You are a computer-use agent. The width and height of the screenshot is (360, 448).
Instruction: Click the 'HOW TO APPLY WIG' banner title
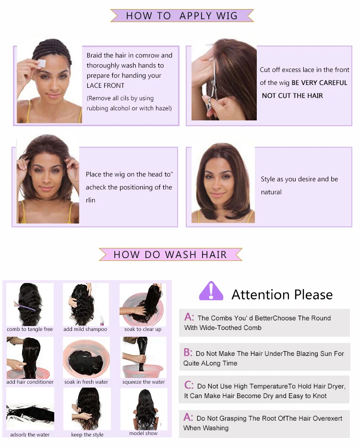click(182, 16)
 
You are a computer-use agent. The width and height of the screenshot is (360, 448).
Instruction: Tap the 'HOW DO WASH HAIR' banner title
click(170, 255)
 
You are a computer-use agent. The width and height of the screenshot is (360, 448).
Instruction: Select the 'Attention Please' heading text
click(282, 295)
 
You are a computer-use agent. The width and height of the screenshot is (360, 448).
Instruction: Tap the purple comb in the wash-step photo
click(25, 307)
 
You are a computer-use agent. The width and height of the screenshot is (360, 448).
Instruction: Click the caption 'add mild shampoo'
click(85, 329)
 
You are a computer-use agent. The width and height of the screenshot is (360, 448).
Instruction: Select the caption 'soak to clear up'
click(143, 329)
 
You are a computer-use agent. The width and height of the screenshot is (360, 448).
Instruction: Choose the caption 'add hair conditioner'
click(30, 382)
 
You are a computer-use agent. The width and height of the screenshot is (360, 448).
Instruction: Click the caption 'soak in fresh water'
click(86, 382)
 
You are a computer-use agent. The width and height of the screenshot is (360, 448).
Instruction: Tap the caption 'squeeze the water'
click(144, 382)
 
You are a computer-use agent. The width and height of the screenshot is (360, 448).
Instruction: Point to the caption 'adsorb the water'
click(30, 435)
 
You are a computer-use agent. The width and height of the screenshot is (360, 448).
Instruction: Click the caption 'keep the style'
click(87, 435)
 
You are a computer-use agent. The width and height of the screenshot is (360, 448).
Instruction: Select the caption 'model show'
click(143, 434)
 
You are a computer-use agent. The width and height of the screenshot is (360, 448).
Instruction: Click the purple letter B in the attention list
click(188, 353)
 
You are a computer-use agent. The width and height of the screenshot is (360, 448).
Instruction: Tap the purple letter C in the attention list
click(189, 385)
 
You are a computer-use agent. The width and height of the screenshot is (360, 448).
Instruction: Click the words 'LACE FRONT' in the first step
click(106, 85)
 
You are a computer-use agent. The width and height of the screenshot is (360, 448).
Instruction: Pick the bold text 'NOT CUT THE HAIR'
click(292, 96)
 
